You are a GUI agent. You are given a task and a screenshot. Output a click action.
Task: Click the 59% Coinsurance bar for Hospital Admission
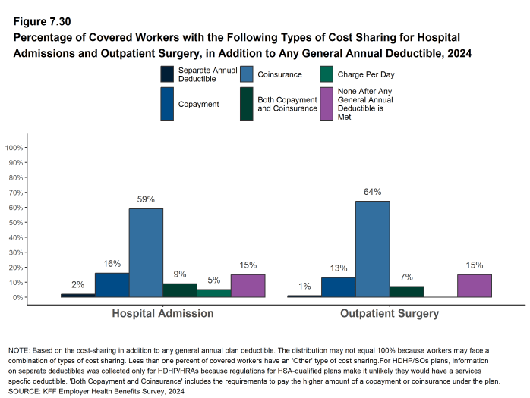coord(146,252)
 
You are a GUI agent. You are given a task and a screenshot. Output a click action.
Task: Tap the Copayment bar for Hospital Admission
coord(112,285)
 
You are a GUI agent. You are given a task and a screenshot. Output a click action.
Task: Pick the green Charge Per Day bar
coord(213,293)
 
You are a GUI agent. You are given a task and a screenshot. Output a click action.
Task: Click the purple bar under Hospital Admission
coord(248,286)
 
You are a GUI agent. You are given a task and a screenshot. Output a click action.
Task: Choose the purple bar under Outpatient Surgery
coord(475,286)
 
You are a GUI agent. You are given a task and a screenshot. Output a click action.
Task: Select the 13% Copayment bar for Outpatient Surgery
coord(338,287)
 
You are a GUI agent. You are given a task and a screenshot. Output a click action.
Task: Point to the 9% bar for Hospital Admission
coord(180,290)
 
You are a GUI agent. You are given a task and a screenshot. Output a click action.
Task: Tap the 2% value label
coord(77,284)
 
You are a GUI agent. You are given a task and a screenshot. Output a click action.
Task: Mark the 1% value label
coord(304,286)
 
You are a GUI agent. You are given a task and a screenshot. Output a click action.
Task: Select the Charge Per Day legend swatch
coord(326,74)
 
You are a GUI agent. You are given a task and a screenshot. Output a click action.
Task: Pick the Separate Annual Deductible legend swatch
coord(168,74)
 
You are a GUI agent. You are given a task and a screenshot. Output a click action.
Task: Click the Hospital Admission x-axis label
coord(162,313)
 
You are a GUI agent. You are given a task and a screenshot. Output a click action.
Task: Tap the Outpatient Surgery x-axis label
coord(390,313)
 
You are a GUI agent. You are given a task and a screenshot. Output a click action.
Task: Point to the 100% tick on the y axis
coord(14,147)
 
